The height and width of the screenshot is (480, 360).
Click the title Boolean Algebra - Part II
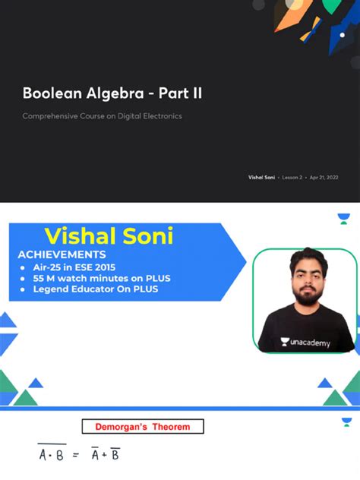pyautogui.click(x=112, y=94)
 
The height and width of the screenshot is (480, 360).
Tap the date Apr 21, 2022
pyautogui.click(x=324, y=177)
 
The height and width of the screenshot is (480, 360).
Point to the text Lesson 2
pyautogui.click(x=292, y=177)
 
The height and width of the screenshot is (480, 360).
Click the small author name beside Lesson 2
pyautogui.click(x=261, y=177)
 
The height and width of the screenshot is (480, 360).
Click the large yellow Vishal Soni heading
pyautogui.click(x=109, y=236)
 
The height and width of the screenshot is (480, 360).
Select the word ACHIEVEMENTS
pyautogui.click(x=62, y=255)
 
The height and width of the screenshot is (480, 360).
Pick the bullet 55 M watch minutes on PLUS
pyautogui.click(x=102, y=279)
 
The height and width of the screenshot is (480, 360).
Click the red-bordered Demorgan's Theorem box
pyautogui.click(x=143, y=427)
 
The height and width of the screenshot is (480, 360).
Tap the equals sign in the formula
pyautogui.click(x=76, y=455)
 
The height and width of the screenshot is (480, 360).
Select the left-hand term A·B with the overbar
pyautogui.click(x=52, y=454)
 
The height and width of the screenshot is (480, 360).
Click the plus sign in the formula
pyautogui.click(x=103, y=455)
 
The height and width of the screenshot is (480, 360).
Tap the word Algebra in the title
pyautogui.click(x=103, y=94)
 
